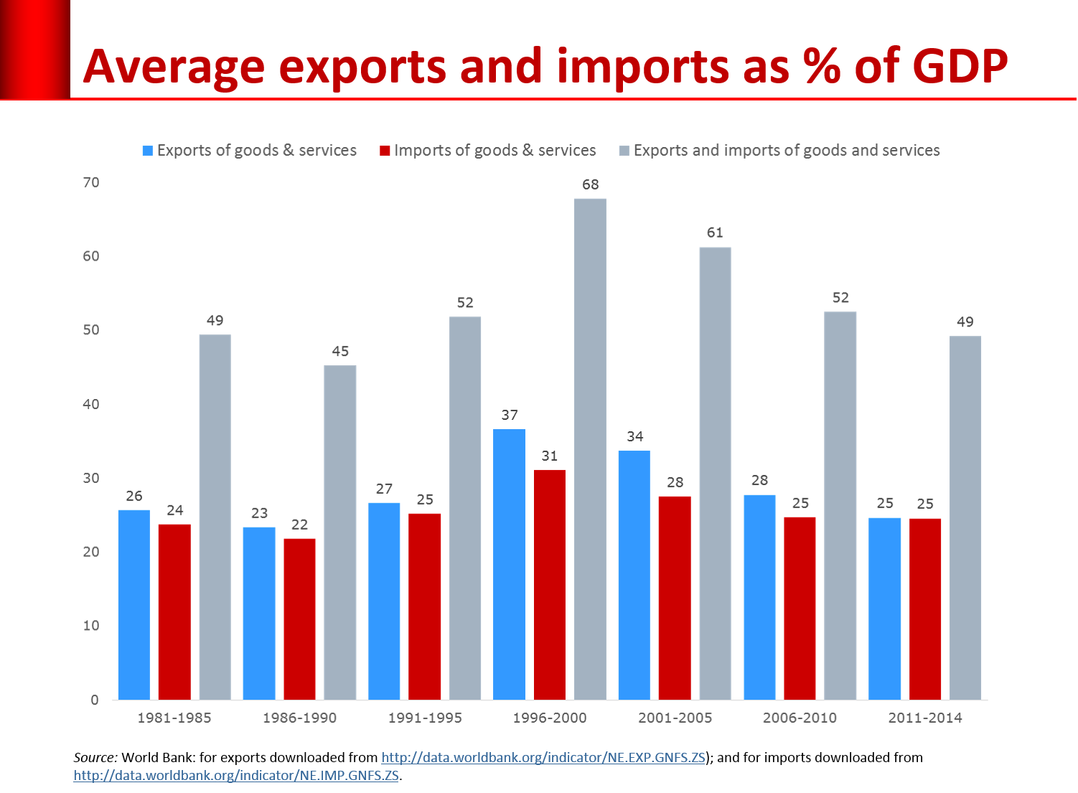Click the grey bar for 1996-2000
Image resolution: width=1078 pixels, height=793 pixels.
[590, 449]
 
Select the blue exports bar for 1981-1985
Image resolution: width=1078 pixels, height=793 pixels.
[133, 604]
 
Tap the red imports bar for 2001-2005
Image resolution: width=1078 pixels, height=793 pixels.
[675, 597]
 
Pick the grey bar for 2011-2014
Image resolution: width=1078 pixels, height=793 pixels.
[965, 517]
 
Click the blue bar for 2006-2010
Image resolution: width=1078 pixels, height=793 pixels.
[759, 596]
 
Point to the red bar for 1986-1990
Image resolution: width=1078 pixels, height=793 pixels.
[299, 619]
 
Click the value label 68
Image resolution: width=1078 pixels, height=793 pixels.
[590, 184]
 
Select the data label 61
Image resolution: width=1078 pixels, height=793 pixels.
[715, 233]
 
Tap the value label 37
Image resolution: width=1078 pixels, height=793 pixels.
[510, 415]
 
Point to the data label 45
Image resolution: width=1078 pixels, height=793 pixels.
[340, 352]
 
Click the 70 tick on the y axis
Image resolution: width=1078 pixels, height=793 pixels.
[91, 182]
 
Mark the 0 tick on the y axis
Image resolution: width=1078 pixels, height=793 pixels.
[95, 700]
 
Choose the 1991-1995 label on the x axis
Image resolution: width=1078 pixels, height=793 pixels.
[425, 718]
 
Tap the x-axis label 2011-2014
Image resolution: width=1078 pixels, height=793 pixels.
[925, 718]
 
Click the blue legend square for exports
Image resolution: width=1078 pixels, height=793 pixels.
[148, 151]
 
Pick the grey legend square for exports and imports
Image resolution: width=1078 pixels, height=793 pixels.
[624, 151]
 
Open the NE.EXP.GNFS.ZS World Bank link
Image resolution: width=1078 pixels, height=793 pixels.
[543, 757]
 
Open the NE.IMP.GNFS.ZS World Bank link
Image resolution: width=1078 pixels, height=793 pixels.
[236, 776]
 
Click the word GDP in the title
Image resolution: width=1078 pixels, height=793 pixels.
[960, 66]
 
